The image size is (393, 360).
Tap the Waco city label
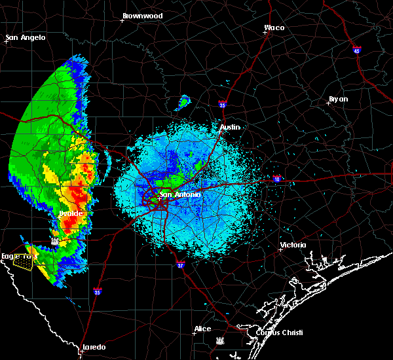(274, 28)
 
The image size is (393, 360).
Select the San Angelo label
(26, 37)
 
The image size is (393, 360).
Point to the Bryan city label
(338, 99)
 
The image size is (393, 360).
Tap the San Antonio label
(180, 194)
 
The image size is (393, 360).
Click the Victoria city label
(293, 245)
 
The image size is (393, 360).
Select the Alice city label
(202, 329)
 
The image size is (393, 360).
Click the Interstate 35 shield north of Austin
(223, 104)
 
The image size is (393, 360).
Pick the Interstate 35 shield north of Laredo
(97, 291)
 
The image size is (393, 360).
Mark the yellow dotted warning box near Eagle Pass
(24, 262)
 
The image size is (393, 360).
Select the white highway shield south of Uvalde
(56, 241)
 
